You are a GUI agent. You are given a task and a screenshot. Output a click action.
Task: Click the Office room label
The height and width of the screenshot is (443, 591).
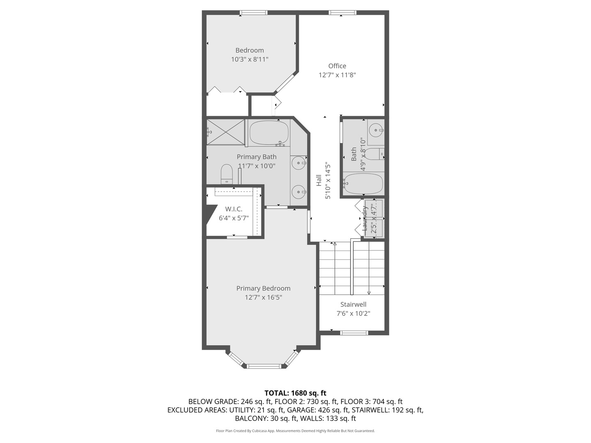pos(337,66)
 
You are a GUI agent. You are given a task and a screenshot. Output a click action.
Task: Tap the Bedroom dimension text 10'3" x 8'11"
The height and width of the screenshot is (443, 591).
pos(250,59)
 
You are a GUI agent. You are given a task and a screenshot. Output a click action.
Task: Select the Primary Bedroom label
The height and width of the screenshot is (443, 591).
pos(263,288)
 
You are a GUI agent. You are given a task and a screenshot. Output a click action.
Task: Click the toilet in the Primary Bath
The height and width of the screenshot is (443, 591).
pos(227,174)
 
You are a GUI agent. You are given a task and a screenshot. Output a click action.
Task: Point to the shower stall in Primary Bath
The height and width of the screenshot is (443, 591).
pos(225,132)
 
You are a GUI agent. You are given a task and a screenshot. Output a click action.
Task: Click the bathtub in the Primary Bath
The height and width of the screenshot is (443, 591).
pos(269,132)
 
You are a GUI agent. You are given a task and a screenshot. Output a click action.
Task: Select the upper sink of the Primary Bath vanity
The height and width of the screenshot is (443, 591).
pos(298,163)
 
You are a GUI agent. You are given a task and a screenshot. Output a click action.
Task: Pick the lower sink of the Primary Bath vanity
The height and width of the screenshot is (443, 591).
pos(298,192)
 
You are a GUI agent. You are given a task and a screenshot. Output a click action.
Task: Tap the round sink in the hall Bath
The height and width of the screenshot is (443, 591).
pos(376,130)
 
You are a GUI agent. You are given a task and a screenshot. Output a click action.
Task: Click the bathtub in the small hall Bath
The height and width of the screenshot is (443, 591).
pos(363,183)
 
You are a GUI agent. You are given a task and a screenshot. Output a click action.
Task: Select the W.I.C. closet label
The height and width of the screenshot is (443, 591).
pos(234,209)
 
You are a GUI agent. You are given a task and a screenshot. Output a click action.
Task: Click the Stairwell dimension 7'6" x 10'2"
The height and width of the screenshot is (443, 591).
pos(353,313)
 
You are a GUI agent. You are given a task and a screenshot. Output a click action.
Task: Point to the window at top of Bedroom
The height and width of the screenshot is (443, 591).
pos(254,13)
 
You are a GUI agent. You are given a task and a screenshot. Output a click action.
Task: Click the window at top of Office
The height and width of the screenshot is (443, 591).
pos(342,13)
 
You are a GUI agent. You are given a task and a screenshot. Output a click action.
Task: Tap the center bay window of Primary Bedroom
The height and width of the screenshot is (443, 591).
pos(263,366)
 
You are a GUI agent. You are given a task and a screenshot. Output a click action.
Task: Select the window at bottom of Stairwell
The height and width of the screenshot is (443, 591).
pos(354,332)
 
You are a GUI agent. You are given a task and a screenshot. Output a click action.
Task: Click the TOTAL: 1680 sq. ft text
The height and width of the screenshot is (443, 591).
pos(295,393)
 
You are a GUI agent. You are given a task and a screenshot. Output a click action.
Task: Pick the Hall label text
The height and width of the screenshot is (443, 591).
pos(319,180)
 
